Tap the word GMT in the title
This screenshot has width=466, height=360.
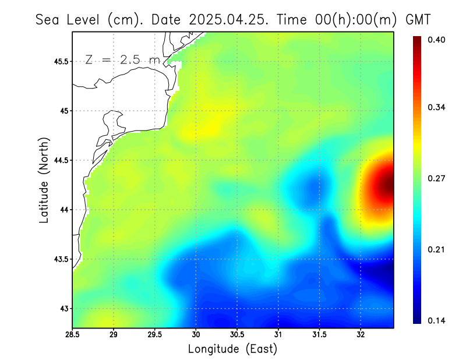pyautogui.click(x=418, y=19)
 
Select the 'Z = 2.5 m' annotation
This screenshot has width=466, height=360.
pyautogui.click(x=122, y=59)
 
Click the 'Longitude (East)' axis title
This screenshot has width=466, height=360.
pyautogui.click(x=232, y=349)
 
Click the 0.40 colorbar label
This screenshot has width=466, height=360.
pyautogui.click(x=436, y=40)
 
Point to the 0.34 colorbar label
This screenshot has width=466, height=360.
pyautogui.click(x=436, y=107)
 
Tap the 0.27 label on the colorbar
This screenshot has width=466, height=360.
pyautogui.click(x=436, y=178)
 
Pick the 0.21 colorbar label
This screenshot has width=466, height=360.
pyautogui.click(x=436, y=249)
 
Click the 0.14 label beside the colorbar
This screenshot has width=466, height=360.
pyautogui.click(x=436, y=320)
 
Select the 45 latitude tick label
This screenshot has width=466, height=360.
pyautogui.click(x=64, y=111)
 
